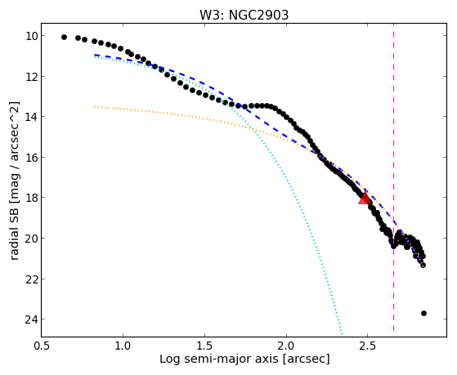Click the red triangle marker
[365, 199]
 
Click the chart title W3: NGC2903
[244, 16]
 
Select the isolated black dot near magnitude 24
[423, 313]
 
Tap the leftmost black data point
[64, 37]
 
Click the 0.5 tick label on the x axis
[42, 346]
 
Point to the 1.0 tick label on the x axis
[123, 346]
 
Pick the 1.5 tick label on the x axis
[204, 346]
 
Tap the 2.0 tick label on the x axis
[286, 346]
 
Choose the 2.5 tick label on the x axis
[368, 346]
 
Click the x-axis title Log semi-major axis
[218, 359]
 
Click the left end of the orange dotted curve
[95, 107]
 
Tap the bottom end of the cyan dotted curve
[342, 334]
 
